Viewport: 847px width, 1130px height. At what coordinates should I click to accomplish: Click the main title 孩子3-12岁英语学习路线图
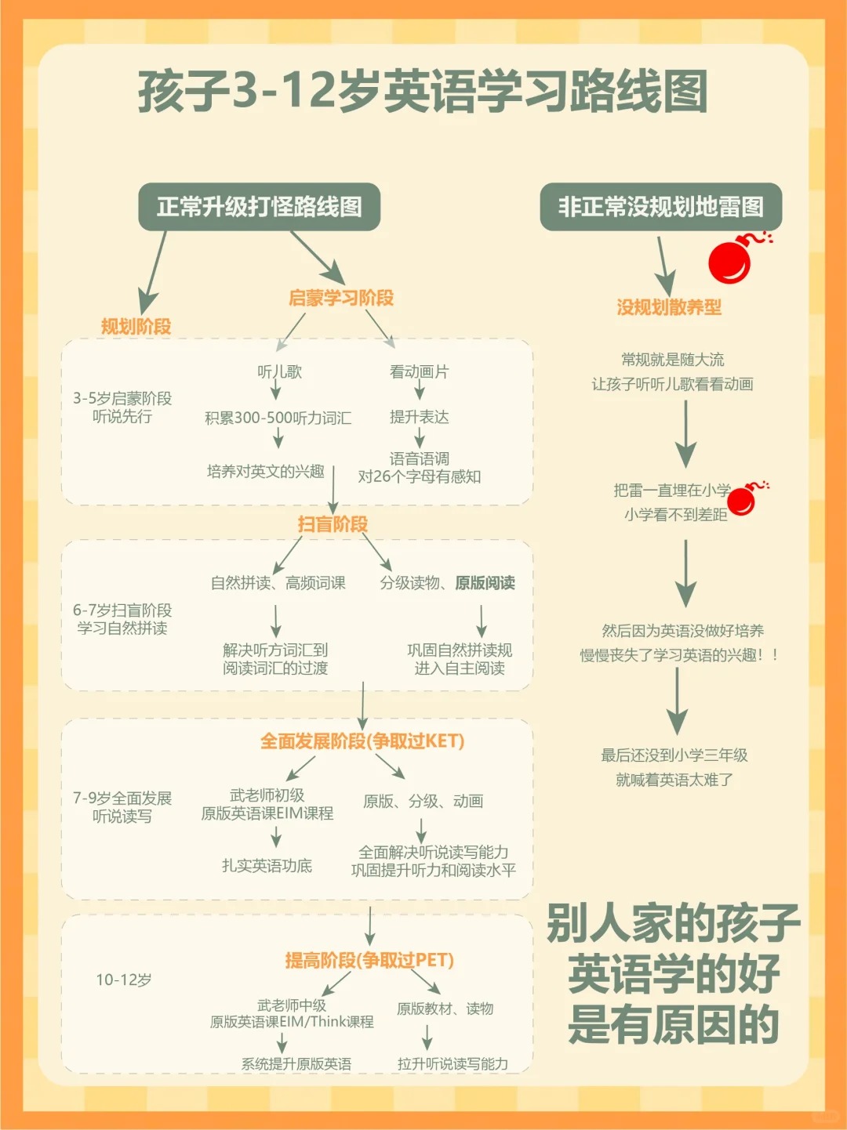coord(423,91)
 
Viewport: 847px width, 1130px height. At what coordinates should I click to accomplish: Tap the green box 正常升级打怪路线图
coord(259,207)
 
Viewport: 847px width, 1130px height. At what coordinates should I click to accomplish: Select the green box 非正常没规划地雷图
coord(660,207)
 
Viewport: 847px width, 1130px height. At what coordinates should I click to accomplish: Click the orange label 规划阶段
coord(136,326)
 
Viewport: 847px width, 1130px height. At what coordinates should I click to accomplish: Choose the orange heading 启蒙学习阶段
coord(341,298)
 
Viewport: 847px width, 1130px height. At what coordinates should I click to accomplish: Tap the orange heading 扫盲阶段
coord(333,524)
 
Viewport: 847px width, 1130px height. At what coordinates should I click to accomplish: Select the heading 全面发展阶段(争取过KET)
coord(362,741)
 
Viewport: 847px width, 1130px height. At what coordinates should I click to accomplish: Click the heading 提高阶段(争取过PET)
coord(369,960)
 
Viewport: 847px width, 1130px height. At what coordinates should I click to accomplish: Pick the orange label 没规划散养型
coord(669,307)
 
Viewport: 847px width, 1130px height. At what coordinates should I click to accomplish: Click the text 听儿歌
coord(279,371)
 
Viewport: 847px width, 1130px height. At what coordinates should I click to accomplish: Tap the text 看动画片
coord(419,371)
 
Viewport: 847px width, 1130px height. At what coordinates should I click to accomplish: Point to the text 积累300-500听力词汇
coord(278,418)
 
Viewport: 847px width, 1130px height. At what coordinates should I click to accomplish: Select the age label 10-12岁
coord(124,980)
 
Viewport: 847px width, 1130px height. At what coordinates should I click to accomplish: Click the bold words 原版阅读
coord(485,582)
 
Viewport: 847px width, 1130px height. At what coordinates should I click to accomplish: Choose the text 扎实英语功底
coord(267,865)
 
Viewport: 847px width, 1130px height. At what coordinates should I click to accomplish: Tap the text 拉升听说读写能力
coord(453,1063)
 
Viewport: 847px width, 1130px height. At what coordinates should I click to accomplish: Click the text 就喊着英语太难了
coord(674,780)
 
